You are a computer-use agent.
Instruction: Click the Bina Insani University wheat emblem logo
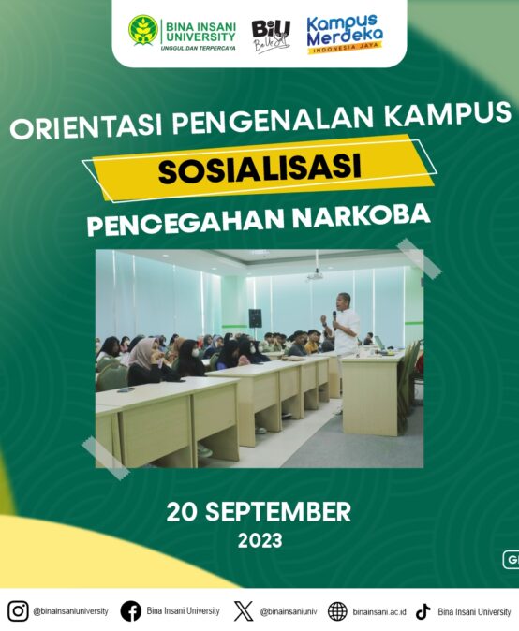tap(143, 31)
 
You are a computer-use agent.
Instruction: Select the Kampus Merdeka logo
tap(345, 35)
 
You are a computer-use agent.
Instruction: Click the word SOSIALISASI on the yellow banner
tap(259, 169)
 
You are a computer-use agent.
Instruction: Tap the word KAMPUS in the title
tap(447, 112)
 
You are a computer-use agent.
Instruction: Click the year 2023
tap(259, 540)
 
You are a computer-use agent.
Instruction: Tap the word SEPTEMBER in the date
tap(278, 512)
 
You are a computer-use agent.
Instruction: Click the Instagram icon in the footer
tap(18, 611)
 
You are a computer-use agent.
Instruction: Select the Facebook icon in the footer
tap(131, 611)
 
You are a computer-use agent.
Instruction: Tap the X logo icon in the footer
tap(244, 611)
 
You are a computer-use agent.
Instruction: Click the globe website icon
tap(337, 611)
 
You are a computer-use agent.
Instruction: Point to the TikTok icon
tap(423, 611)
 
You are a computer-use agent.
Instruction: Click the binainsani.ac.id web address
tap(379, 612)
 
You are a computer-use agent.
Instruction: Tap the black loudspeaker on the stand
tap(255, 318)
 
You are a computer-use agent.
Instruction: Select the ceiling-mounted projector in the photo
tap(316, 275)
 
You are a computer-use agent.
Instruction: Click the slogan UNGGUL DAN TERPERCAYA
tap(198, 49)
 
